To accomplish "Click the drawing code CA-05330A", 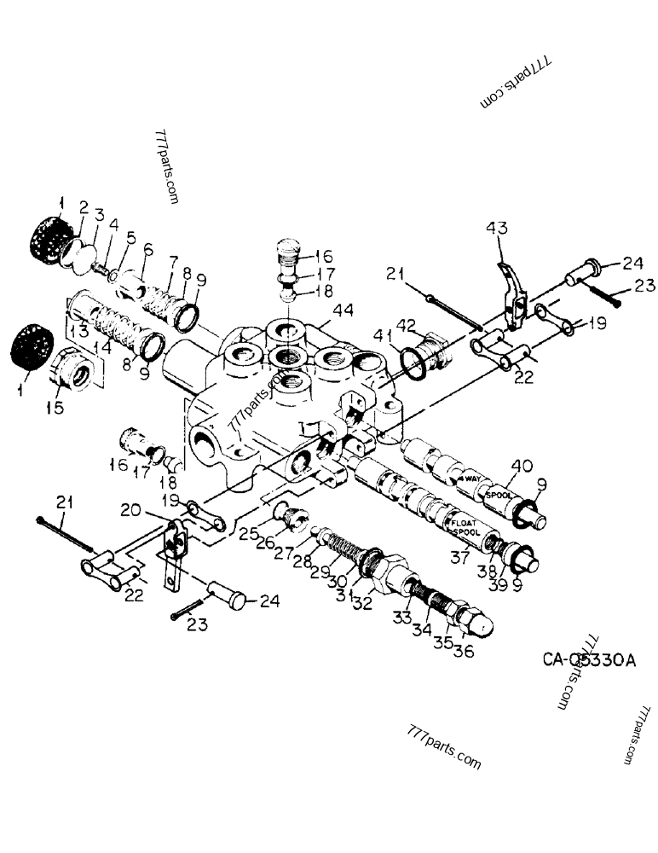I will (589, 659).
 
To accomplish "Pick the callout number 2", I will (84, 207).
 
